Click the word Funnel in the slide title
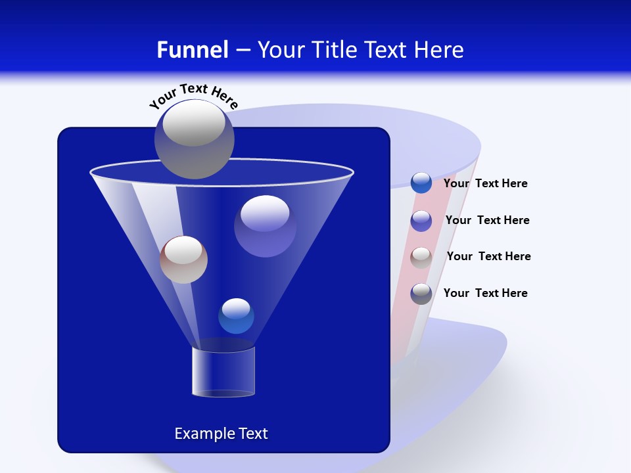(192, 50)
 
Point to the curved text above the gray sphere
(193, 96)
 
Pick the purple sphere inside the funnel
(265, 226)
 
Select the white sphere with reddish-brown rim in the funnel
(183, 259)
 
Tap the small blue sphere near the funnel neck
(236, 316)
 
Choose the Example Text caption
(221, 434)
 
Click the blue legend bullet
(421, 183)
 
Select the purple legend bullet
(421, 221)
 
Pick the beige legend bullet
(421, 258)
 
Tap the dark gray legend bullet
(421, 294)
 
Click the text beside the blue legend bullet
(485, 184)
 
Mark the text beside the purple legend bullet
(487, 221)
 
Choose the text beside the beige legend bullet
(488, 257)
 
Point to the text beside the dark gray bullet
(485, 293)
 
